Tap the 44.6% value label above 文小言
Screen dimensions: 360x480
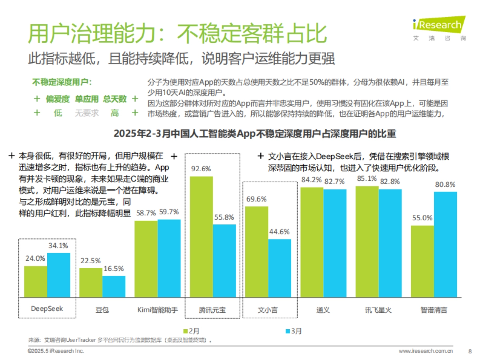tap(280, 232)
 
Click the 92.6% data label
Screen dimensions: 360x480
tap(201, 168)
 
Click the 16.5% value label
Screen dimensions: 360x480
tap(114, 268)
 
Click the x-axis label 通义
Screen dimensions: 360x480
tap(323, 310)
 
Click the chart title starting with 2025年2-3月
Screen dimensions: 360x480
tap(255, 133)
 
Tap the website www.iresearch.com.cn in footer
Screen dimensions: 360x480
tap(426, 351)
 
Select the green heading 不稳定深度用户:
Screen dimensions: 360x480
tap(61, 82)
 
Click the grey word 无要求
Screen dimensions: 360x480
tap(86, 113)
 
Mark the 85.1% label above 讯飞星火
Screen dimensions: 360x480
tap(367, 178)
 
